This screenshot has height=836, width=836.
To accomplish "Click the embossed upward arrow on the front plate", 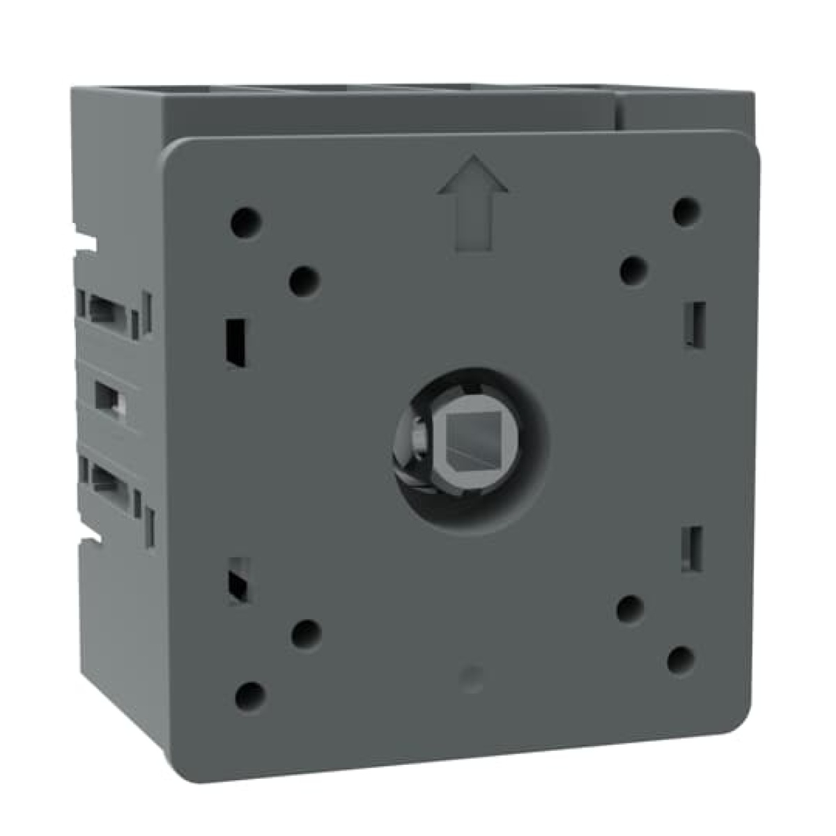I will tap(473, 203).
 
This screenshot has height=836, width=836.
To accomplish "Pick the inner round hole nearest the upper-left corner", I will tap(304, 281).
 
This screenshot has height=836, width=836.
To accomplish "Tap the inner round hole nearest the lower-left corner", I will tap(305, 634).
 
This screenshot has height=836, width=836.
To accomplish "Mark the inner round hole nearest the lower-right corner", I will tap(630, 609).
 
